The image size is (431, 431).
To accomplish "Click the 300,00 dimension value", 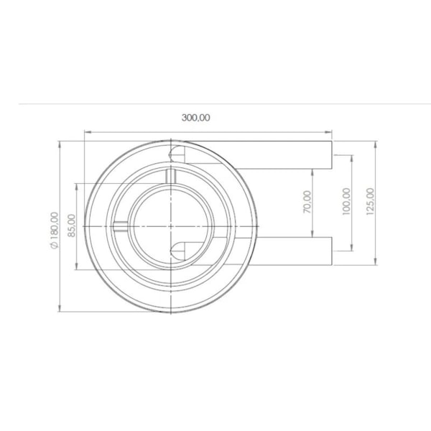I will [196, 118].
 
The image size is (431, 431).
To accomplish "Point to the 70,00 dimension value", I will [307, 202].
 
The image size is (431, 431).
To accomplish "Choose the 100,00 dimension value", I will [346, 202].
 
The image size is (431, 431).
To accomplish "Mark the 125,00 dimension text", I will [369, 202].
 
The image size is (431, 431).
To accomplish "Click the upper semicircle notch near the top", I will [175, 152].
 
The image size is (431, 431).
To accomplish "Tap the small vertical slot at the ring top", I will [170, 176].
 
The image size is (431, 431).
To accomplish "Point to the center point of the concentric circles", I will [170, 226].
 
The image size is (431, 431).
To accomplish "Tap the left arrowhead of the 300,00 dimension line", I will [88, 131].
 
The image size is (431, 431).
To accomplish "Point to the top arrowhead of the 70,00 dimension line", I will [314, 172].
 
